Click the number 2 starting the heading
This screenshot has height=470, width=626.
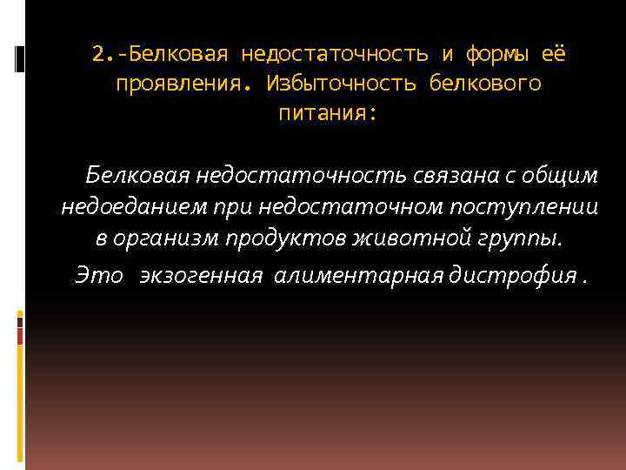(x=97, y=54)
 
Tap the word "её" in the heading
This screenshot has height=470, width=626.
(x=554, y=54)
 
